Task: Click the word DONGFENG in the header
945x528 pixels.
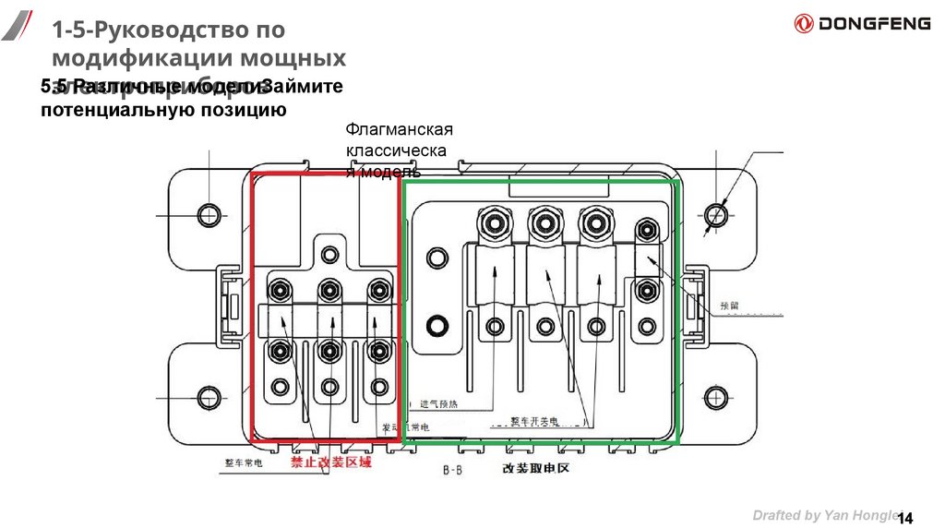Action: [x=874, y=24]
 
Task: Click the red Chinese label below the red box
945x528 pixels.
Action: [x=331, y=462]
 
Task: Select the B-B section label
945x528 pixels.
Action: [x=452, y=471]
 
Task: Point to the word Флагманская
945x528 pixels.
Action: [x=399, y=129]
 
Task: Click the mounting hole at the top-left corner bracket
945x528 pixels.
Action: [x=209, y=214]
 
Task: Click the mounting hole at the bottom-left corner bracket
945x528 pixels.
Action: [x=209, y=398]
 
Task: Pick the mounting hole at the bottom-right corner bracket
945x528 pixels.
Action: [x=716, y=398]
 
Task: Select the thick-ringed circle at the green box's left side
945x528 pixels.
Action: [x=437, y=325]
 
